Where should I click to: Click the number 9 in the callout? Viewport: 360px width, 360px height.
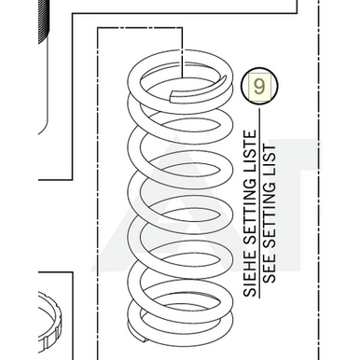coord(259,87)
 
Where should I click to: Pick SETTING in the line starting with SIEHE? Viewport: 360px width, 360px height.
coord(250,209)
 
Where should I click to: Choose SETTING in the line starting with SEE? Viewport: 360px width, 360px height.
coord(270,215)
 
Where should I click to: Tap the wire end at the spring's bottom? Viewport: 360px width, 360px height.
coord(137,335)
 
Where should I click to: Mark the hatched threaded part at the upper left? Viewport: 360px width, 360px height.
coord(44,21)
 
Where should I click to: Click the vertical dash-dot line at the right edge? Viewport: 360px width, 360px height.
coord(319,180)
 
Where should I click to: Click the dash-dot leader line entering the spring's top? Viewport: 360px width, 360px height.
coord(182,52)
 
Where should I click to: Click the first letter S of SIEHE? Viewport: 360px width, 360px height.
coord(250,292)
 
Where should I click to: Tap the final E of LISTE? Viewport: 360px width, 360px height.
coord(250,134)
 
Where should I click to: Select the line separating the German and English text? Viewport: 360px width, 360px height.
coord(259,202)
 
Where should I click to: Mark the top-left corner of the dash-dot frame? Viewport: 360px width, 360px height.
coord(98,28)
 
